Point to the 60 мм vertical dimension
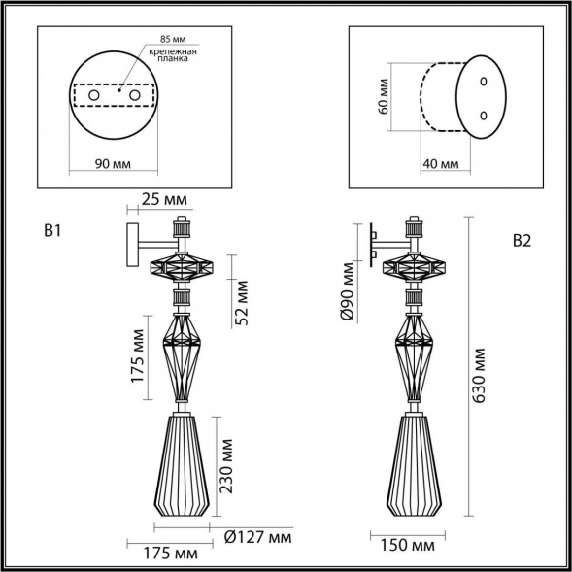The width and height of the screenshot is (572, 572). click(x=384, y=97)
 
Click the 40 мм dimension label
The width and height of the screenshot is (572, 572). click(x=440, y=163)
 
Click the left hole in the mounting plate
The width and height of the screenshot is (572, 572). click(x=95, y=97)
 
